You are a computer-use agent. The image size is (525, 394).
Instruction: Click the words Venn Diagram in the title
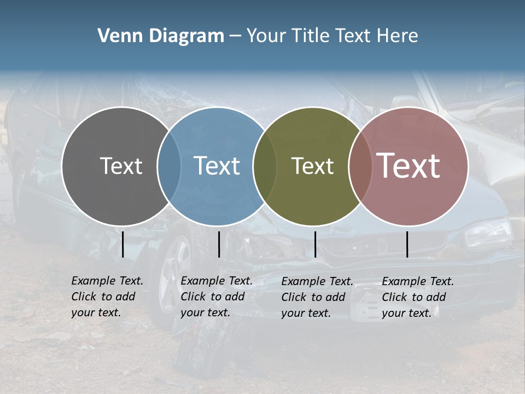click(161, 36)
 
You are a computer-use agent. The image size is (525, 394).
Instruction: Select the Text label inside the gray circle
click(121, 166)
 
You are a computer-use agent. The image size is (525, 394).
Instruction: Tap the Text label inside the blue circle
click(217, 166)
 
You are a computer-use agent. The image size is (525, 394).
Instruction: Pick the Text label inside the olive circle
click(312, 166)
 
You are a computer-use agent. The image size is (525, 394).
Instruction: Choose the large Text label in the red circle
click(409, 166)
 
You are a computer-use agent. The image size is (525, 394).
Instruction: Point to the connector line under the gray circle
click(123, 244)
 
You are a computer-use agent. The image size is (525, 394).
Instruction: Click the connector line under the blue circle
click(219, 244)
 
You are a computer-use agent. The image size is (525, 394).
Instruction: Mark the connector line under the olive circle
click(315, 244)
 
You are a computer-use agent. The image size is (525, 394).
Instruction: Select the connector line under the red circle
click(407, 244)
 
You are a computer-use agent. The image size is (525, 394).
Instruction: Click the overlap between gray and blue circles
click(170, 166)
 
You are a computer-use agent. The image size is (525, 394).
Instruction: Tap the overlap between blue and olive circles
click(264, 166)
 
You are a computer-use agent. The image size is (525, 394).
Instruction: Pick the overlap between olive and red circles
click(358, 166)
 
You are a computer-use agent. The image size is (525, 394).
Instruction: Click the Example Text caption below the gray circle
click(107, 297)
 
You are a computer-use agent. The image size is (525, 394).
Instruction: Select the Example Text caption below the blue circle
click(217, 297)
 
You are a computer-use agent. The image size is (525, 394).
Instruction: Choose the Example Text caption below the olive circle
click(317, 297)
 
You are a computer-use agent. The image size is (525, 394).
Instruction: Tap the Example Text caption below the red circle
click(418, 297)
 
